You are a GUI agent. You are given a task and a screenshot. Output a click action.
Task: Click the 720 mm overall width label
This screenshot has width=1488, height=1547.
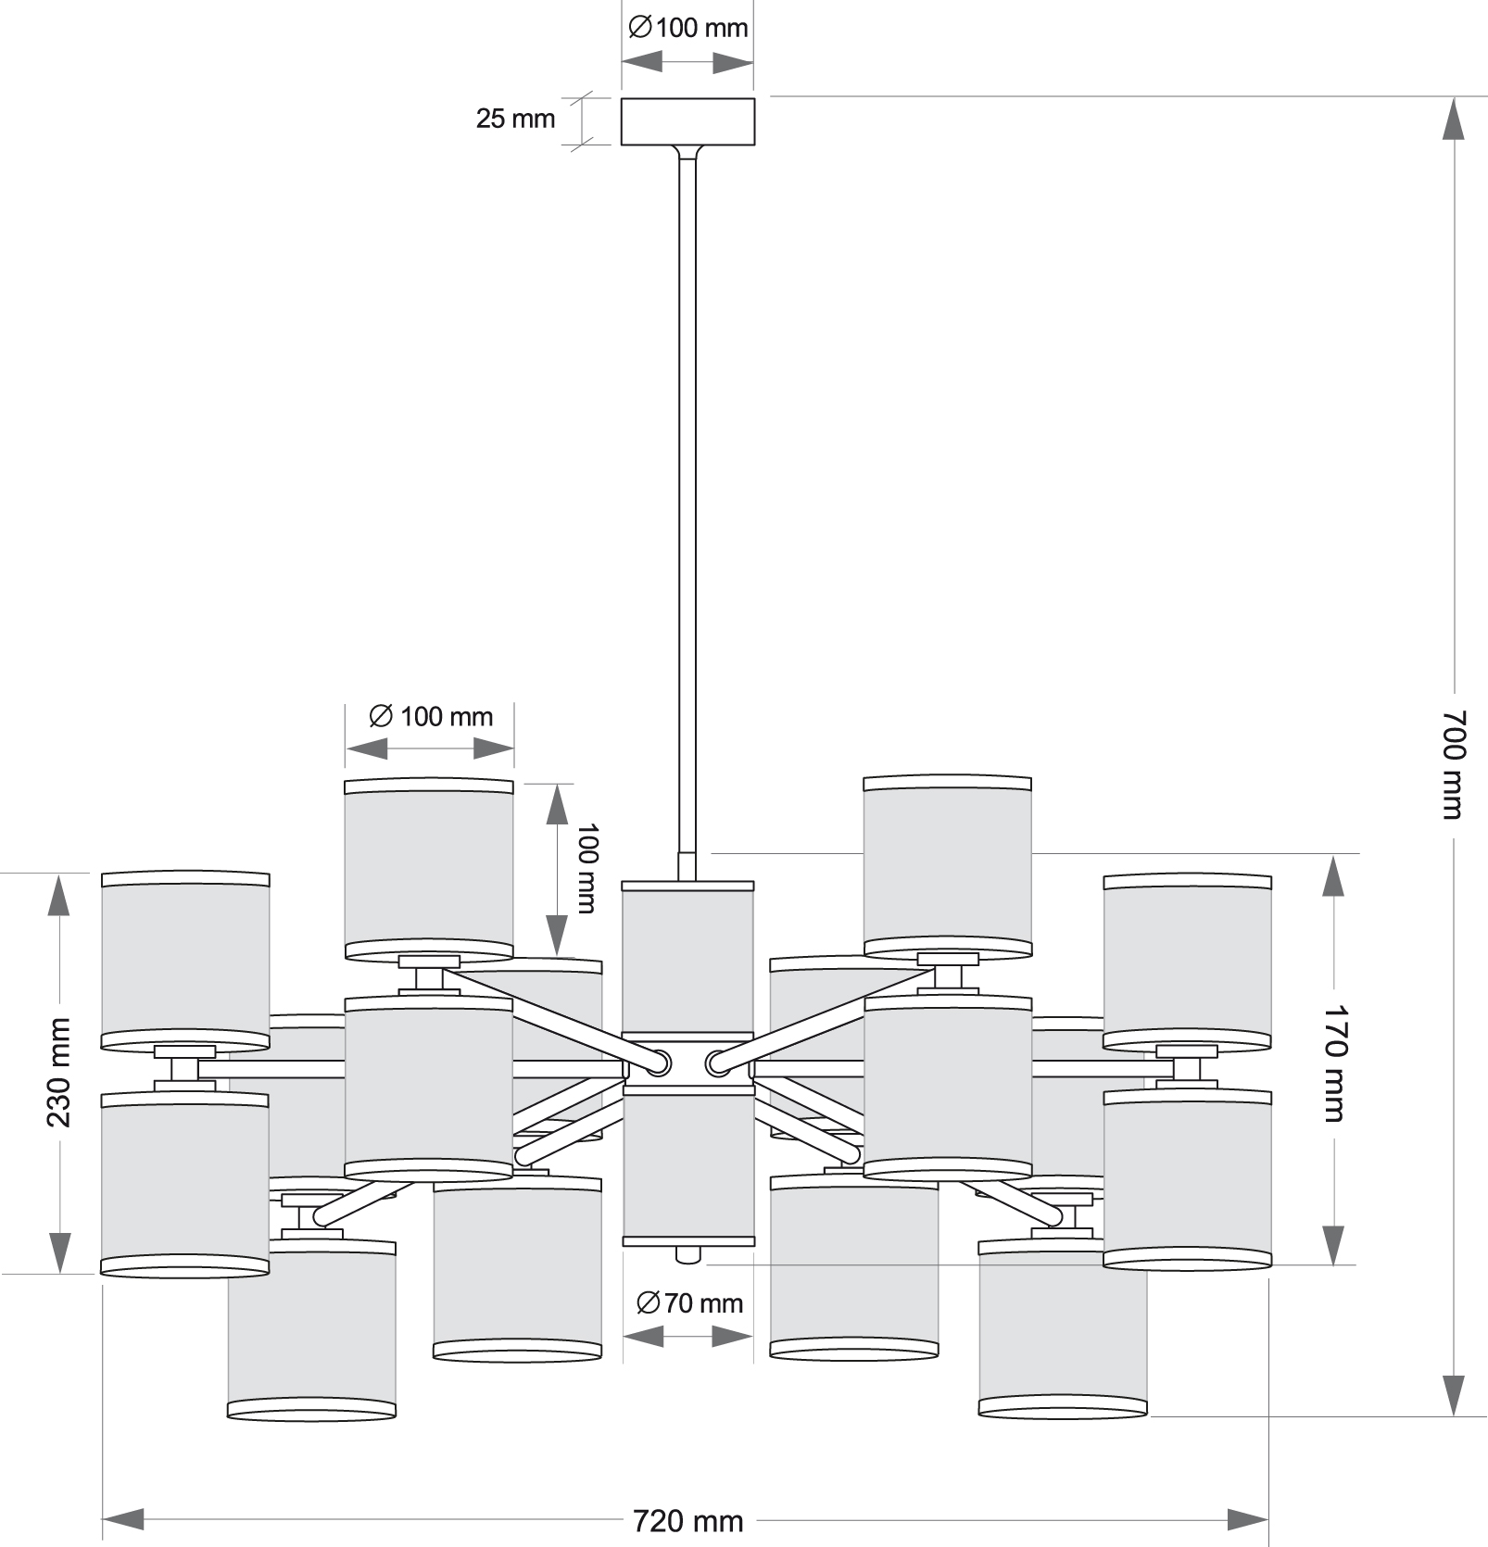coord(687,1521)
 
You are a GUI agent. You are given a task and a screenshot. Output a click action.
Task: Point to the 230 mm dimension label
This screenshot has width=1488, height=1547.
coord(58,1072)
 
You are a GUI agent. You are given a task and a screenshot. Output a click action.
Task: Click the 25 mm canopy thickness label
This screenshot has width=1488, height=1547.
coord(515,119)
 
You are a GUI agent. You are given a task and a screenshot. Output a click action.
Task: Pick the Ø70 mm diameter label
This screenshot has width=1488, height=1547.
coord(690,1303)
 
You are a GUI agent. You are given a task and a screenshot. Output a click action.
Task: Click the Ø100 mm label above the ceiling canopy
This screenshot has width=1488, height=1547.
coord(687,28)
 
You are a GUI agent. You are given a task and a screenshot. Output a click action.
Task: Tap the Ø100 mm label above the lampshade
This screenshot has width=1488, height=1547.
coord(431,716)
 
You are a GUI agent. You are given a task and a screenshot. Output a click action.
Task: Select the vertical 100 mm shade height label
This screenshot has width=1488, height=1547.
coord(586,868)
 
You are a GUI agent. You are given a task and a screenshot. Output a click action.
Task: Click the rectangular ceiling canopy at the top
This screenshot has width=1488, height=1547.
coord(687,121)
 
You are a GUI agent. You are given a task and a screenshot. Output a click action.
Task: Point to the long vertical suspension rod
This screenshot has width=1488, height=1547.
coord(687,509)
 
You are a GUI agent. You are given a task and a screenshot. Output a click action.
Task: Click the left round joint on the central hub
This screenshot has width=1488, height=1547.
coord(659,1062)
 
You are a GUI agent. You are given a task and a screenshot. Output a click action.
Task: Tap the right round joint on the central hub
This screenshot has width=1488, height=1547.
coord(717,1062)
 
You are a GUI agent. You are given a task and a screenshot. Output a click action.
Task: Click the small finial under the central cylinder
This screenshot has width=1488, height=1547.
coord(687,1255)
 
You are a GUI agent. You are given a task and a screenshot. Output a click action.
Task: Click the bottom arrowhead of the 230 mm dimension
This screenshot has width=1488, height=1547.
coord(58,1252)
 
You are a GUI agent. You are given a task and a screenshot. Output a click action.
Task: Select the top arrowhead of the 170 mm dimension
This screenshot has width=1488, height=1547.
coord(1332,875)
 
